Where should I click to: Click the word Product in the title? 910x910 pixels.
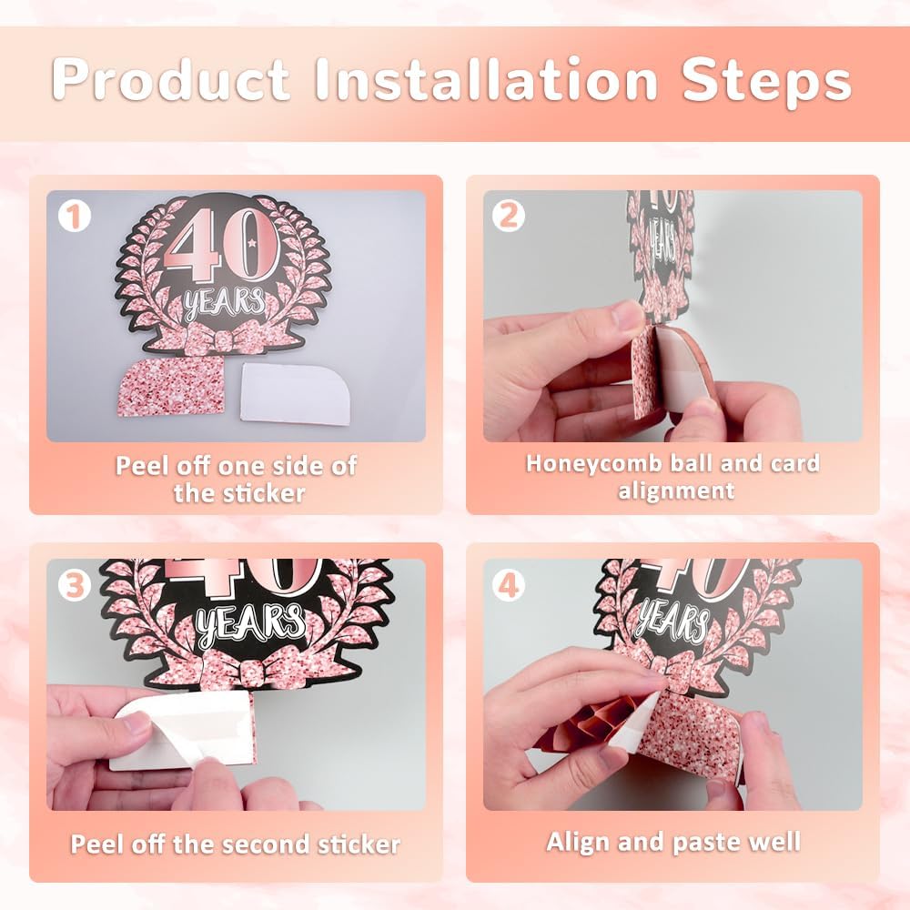tap(171, 79)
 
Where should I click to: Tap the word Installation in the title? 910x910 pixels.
tap(486, 79)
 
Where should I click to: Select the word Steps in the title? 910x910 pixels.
tap(766, 81)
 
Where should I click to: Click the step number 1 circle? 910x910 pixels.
tap(75, 217)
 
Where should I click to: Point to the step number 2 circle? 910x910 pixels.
tap(509, 216)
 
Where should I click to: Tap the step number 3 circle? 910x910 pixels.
tap(75, 585)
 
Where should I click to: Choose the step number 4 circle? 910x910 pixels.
tap(509, 585)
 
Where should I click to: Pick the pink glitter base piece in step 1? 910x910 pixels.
tap(171, 386)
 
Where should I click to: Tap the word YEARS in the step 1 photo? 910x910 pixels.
tap(225, 304)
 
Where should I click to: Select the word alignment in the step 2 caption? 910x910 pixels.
tap(676, 491)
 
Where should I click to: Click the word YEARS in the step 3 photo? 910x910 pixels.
tap(251, 627)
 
